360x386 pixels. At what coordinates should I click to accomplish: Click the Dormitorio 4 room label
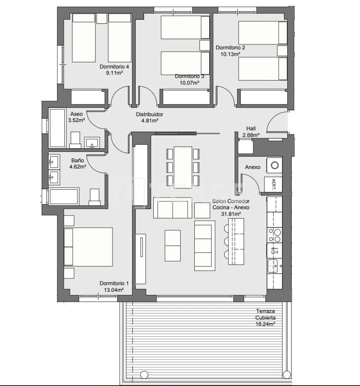click(x=114, y=66)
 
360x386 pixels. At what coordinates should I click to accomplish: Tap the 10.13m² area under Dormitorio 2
click(x=228, y=54)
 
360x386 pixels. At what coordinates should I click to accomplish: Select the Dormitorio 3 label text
click(x=189, y=76)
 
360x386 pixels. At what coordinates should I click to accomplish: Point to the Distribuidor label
click(x=149, y=115)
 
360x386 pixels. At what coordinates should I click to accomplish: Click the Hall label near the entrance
click(x=251, y=129)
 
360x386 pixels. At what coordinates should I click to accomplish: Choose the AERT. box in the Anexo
click(x=273, y=184)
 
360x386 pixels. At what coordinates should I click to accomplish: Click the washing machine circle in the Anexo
click(x=274, y=165)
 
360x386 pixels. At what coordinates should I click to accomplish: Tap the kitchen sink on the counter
click(x=273, y=265)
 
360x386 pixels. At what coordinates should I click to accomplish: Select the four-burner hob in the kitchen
click(x=274, y=235)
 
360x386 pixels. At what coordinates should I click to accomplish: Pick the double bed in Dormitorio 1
click(x=88, y=247)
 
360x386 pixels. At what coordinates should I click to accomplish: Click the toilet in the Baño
click(x=95, y=197)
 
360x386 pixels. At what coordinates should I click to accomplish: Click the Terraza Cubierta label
click(x=266, y=315)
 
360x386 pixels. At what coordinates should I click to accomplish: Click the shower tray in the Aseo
click(x=57, y=128)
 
